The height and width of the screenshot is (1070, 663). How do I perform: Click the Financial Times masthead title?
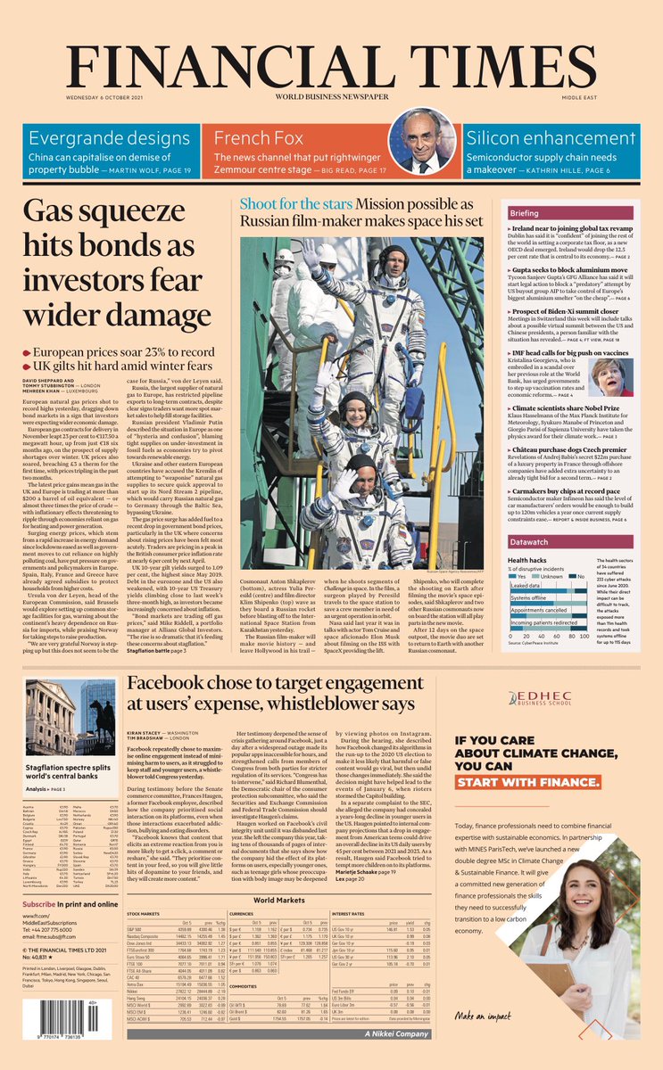(331, 65)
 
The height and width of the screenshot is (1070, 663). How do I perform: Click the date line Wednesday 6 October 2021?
(106, 97)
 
